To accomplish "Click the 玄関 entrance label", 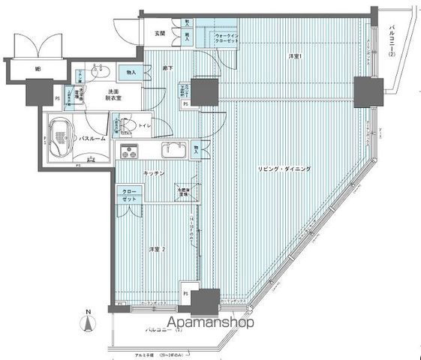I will click(160, 33).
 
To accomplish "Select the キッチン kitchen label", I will click(156, 172).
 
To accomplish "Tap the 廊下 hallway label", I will click(168, 68).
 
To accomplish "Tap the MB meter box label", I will click(36, 71).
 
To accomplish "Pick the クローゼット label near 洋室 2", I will click(130, 196).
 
